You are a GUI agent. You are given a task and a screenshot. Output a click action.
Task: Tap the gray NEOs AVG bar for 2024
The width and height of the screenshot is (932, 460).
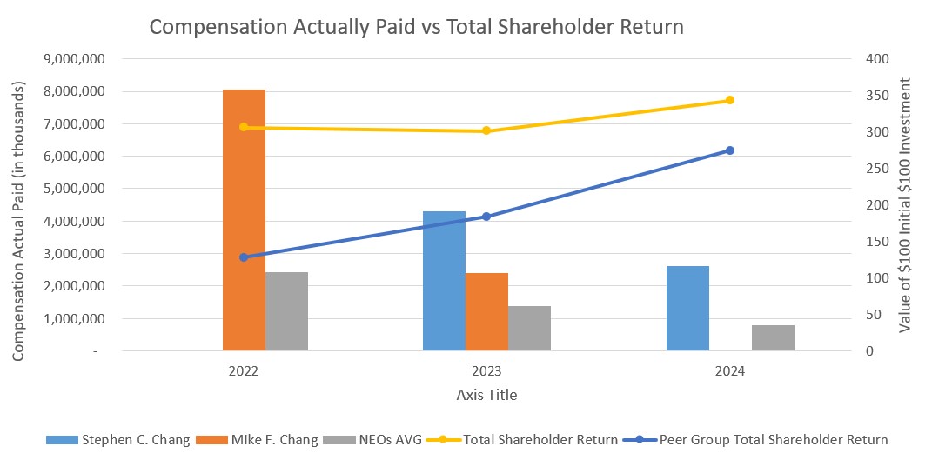click(x=773, y=338)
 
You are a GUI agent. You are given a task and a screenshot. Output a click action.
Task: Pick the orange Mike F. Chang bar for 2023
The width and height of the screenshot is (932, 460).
click(x=486, y=312)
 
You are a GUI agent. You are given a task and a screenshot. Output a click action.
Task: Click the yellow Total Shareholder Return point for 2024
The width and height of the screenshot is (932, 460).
click(x=730, y=100)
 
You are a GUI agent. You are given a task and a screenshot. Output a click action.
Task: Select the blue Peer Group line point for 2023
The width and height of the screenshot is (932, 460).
click(x=486, y=217)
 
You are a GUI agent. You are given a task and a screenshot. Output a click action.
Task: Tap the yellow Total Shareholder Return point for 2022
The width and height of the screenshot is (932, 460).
click(x=244, y=127)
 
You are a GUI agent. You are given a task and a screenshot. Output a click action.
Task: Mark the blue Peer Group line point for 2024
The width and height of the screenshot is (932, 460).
click(x=730, y=150)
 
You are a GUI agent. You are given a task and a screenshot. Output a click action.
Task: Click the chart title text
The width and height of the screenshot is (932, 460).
click(x=416, y=27)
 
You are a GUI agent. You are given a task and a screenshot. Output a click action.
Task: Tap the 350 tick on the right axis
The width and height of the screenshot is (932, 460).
click(x=870, y=96)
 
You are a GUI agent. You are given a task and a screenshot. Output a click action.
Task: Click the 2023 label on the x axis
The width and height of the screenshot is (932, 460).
click(x=486, y=370)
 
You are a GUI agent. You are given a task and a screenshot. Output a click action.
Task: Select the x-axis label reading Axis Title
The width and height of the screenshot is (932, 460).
click(x=486, y=395)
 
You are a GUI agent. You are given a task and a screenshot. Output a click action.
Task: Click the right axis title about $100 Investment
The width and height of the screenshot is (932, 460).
click(x=905, y=205)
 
